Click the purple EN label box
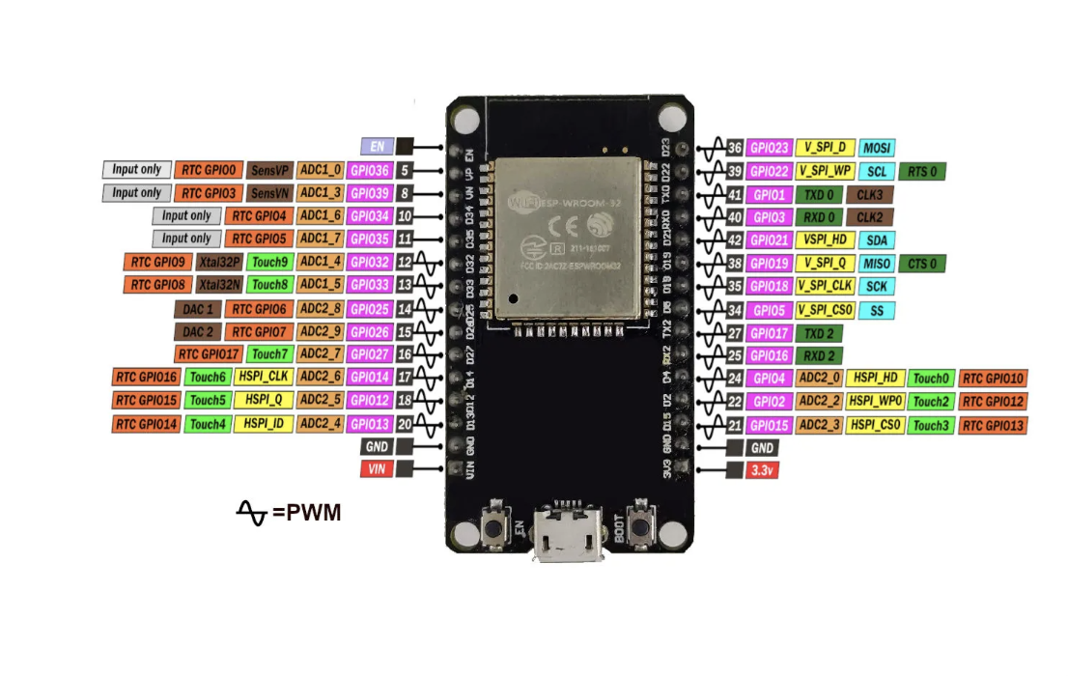[x=376, y=147]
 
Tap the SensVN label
[x=269, y=193]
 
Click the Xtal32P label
[x=219, y=262]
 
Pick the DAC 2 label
[x=196, y=331]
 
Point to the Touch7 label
[x=269, y=354]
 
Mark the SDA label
[x=876, y=240]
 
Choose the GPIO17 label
[x=771, y=332]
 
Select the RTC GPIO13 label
[x=993, y=425]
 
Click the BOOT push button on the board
[x=639, y=527]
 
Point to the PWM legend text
[x=306, y=512]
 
